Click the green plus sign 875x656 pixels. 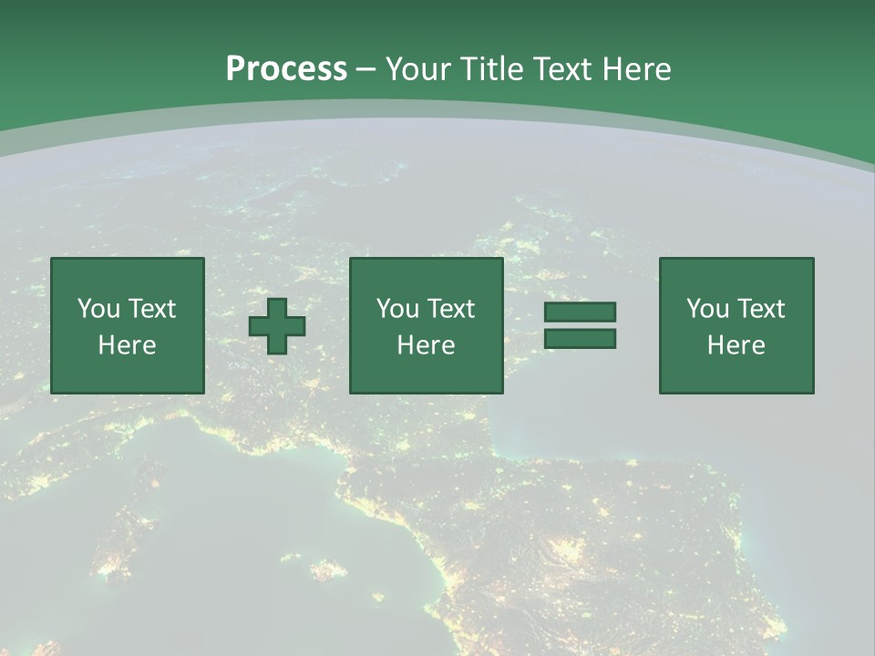pyautogui.click(x=277, y=326)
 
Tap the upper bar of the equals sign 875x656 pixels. pyautogui.click(x=580, y=313)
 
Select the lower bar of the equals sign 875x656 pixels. pyautogui.click(x=580, y=338)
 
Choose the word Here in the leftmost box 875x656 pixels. pyautogui.click(x=127, y=345)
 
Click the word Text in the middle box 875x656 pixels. pyautogui.click(x=450, y=309)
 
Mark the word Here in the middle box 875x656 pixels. pyautogui.click(x=426, y=345)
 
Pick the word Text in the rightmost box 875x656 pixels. pyautogui.click(x=760, y=309)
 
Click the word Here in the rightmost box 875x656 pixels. pyautogui.click(x=736, y=345)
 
